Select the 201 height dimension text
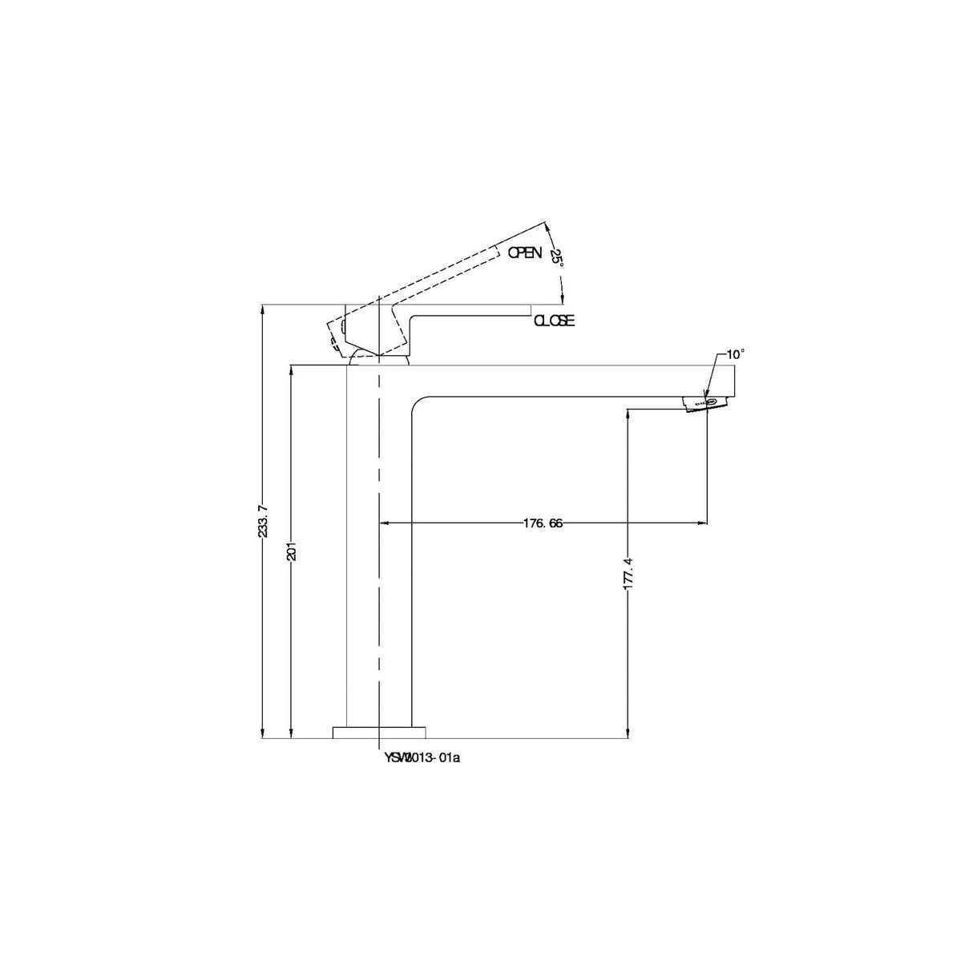coord(292,552)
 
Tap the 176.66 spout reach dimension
coord(543,523)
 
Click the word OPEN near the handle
coord(525,252)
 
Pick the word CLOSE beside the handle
coord(555,321)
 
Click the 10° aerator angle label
coord(735,353)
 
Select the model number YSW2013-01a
coord(422,757)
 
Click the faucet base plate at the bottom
coord(379,731)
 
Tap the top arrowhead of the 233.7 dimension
coord(264,309)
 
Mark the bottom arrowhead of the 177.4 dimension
coord(628,733)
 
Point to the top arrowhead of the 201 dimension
coord(292,370)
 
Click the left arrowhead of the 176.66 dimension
coord(382,523)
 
